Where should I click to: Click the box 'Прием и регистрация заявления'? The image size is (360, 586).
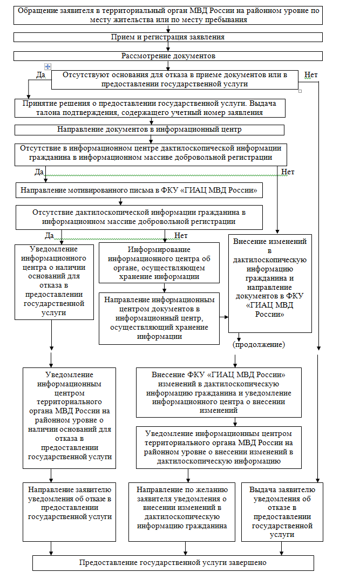(168, 37)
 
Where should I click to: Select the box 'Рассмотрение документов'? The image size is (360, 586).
(168, 56)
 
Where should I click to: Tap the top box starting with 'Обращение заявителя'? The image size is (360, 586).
(168, 15)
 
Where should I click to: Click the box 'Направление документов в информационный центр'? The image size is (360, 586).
(150, 130)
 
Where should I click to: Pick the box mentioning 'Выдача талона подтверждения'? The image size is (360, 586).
(150, 108)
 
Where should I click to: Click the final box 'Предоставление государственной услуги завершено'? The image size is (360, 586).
(173, 562)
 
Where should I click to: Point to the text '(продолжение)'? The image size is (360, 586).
(259, 344)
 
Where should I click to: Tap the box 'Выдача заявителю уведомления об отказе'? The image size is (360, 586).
(279, 512)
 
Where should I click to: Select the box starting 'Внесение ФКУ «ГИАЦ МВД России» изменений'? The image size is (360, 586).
(219, 392)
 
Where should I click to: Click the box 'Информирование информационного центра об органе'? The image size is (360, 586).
(159, 263)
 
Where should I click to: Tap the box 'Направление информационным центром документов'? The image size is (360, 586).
(159, 318)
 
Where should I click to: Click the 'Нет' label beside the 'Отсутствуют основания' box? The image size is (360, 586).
(311, 74)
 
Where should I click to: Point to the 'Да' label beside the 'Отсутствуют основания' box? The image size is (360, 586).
(40, 75)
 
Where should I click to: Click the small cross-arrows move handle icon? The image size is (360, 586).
(47, 66)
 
